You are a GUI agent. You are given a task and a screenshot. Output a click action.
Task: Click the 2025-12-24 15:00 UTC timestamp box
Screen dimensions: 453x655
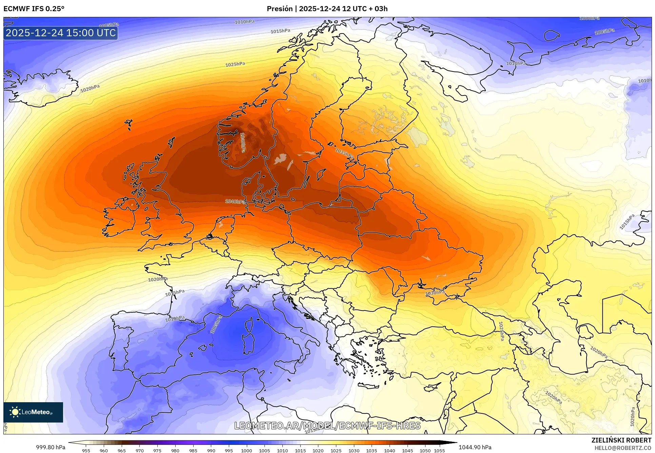tap(61, 33)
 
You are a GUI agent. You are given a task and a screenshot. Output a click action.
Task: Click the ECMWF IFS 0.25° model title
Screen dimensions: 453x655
tap(34, 9)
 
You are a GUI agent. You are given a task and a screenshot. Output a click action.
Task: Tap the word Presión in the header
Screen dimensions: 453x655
tap(279, 9)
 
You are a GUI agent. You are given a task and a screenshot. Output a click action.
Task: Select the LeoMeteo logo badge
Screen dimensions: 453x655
tap(33, 412)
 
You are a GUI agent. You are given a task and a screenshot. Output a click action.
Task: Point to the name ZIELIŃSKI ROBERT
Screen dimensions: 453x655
tap(621, 440)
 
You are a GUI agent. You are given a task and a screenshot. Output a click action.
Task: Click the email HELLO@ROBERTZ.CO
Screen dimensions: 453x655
tap(623, 448)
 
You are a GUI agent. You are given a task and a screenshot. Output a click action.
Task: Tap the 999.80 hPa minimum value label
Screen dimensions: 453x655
tap(51, 447)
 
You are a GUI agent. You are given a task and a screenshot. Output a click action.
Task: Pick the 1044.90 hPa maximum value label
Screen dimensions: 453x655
tap(475, 447)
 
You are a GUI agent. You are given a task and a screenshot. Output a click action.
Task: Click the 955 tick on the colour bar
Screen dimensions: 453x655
tap(86, 451)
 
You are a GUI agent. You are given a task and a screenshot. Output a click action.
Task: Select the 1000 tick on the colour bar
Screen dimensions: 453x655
tap(246, 451)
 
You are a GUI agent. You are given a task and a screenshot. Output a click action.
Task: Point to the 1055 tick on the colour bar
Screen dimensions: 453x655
tap(439, 451)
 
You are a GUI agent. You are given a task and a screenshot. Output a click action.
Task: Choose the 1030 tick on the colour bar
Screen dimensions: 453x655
tap(354, 451)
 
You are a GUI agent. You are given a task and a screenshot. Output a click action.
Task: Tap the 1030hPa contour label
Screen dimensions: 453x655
tap(435, 293)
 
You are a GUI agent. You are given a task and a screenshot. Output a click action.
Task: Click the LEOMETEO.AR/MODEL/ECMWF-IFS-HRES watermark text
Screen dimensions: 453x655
tap(327, 426)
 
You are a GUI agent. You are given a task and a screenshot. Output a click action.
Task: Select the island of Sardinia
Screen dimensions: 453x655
tap(249, 342)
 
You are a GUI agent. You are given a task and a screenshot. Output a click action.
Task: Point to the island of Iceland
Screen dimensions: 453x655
tap(41, 87)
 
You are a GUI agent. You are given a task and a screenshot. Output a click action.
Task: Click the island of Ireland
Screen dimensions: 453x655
tap(120, 218)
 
